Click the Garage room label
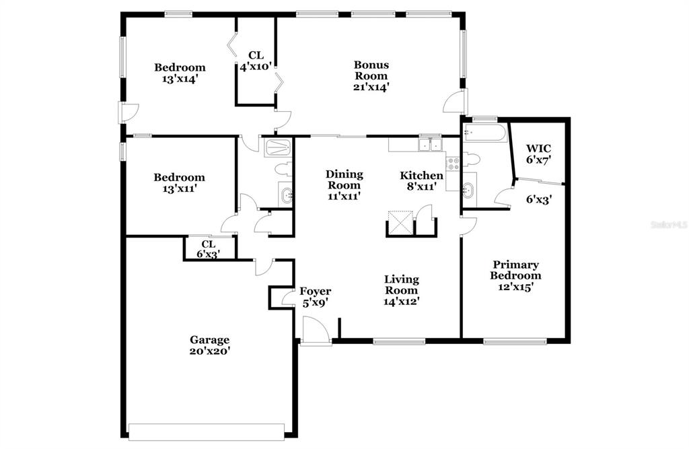209,340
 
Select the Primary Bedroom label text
515,270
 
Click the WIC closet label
538,148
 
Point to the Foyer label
315,291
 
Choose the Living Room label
402,285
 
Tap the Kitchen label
422,176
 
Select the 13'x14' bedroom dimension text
180,79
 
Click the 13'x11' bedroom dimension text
179,189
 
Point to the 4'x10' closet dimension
255,67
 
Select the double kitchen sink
429,145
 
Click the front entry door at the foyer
316,333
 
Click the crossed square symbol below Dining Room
398,220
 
